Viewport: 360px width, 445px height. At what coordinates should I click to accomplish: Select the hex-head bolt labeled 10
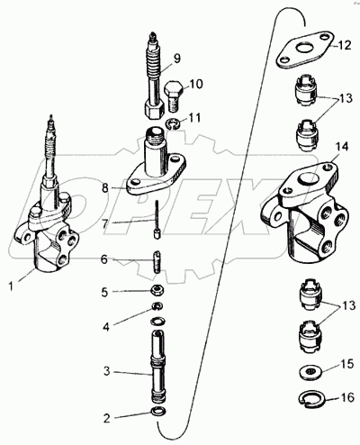click(172, 95)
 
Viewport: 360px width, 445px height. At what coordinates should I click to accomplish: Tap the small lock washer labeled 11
click(173, 123)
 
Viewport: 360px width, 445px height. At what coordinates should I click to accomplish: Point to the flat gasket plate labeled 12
click(304, 50)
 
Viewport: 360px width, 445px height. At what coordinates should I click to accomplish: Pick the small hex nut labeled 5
click(157, 291)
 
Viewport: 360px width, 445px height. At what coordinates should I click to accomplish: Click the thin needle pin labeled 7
click(157, 221)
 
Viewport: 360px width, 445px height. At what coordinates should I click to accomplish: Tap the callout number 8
click(105, 188)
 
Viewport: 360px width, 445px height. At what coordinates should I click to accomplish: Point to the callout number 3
click(107, 371)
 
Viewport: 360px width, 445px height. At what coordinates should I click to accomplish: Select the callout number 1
click(11, 286)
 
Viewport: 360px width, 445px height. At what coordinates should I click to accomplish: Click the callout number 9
click(177, 59)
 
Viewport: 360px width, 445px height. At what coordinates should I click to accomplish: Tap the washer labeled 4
click(157, 306)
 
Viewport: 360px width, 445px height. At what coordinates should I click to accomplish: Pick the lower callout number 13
click(348, 305)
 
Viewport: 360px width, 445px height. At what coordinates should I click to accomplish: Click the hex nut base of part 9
click(154, 110)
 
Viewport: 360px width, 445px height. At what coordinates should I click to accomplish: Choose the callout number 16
click(347, 397)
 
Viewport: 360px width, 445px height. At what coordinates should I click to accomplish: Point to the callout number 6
click(104, 259)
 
